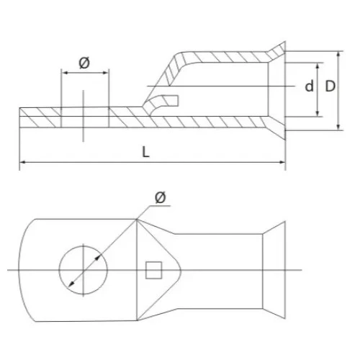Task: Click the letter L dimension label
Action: pyautogui.click(x=145, y=152)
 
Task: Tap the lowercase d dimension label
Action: pyautogui.click(x=309, y=86)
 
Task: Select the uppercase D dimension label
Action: pyautogui.click(x=330, y=86)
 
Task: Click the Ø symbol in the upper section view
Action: pyautogui.click(x=84, y=63)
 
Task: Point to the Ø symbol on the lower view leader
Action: pyautogui.click(x=161, y=198)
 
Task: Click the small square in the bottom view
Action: pyautogui.click(x=153, y=270)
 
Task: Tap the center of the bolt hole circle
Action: pyautogui.click(x=84, y=270)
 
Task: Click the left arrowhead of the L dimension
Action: pyautogui.click(x=22, y=162)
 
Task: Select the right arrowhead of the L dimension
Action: pyautogui.click(x=282, y=162)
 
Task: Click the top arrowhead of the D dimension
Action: pyautogui.click(x=338, y=55)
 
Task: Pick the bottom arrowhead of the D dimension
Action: pyautogui.click(x=338, y=127)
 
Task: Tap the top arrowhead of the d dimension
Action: pyautogui.click(x=318, y=66)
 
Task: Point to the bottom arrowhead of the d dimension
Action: pyautogui.click(x=318, y=114)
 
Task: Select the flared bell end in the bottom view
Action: pyautogui.click(x=274, y=270)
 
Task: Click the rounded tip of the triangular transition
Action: pyautogui.click(x=180, y=270)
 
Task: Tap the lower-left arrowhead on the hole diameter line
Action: pyautogui.click(x=71, y=284)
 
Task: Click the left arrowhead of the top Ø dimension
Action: pyautogui.click(x=65, y=73)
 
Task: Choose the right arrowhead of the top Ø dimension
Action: pyautogui.click(x=106, y=73)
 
